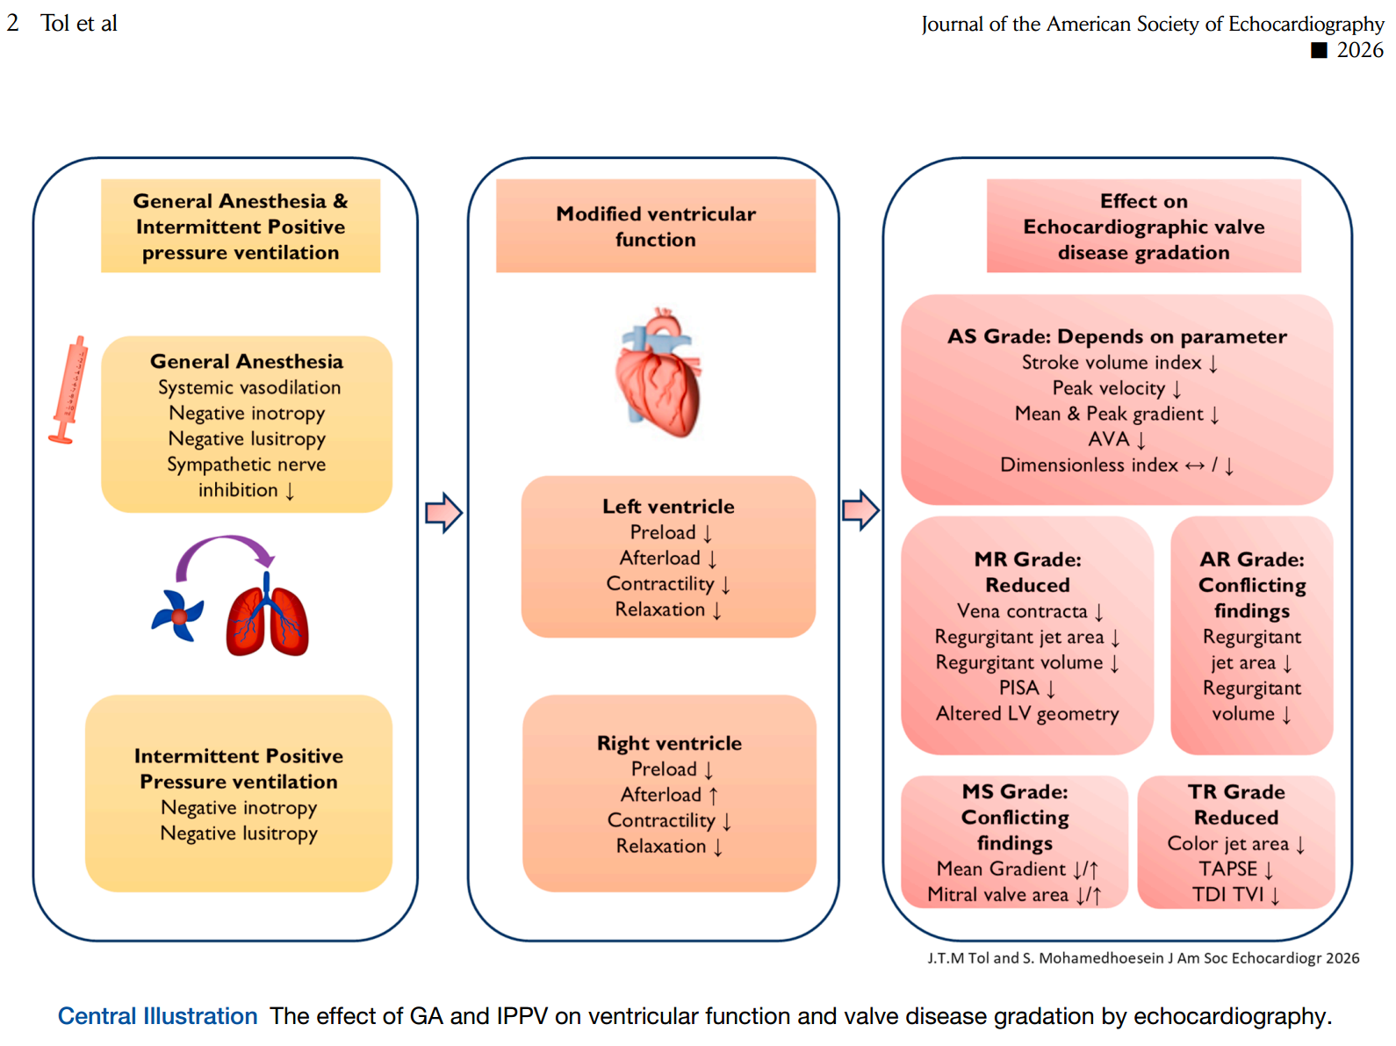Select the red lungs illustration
point(268,615)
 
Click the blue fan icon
point(177,615)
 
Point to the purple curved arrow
point(224,549)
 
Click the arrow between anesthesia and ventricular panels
point(443,512)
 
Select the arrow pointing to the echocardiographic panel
point(860,510)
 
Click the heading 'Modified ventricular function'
point(655,227)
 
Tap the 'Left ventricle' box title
point(668,507)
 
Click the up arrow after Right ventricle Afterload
point(713,796)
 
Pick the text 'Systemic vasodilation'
point(249,387)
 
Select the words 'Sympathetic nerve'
point(246,465)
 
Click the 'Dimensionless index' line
point(1089,465)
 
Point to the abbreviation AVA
point(1108,439)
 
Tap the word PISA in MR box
point(1018,688)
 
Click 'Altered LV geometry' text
point(1027,713)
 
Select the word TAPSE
point(1227,869)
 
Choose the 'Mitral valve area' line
point(997,894)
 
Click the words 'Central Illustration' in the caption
point(158,1016)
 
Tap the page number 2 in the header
point(12,23)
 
